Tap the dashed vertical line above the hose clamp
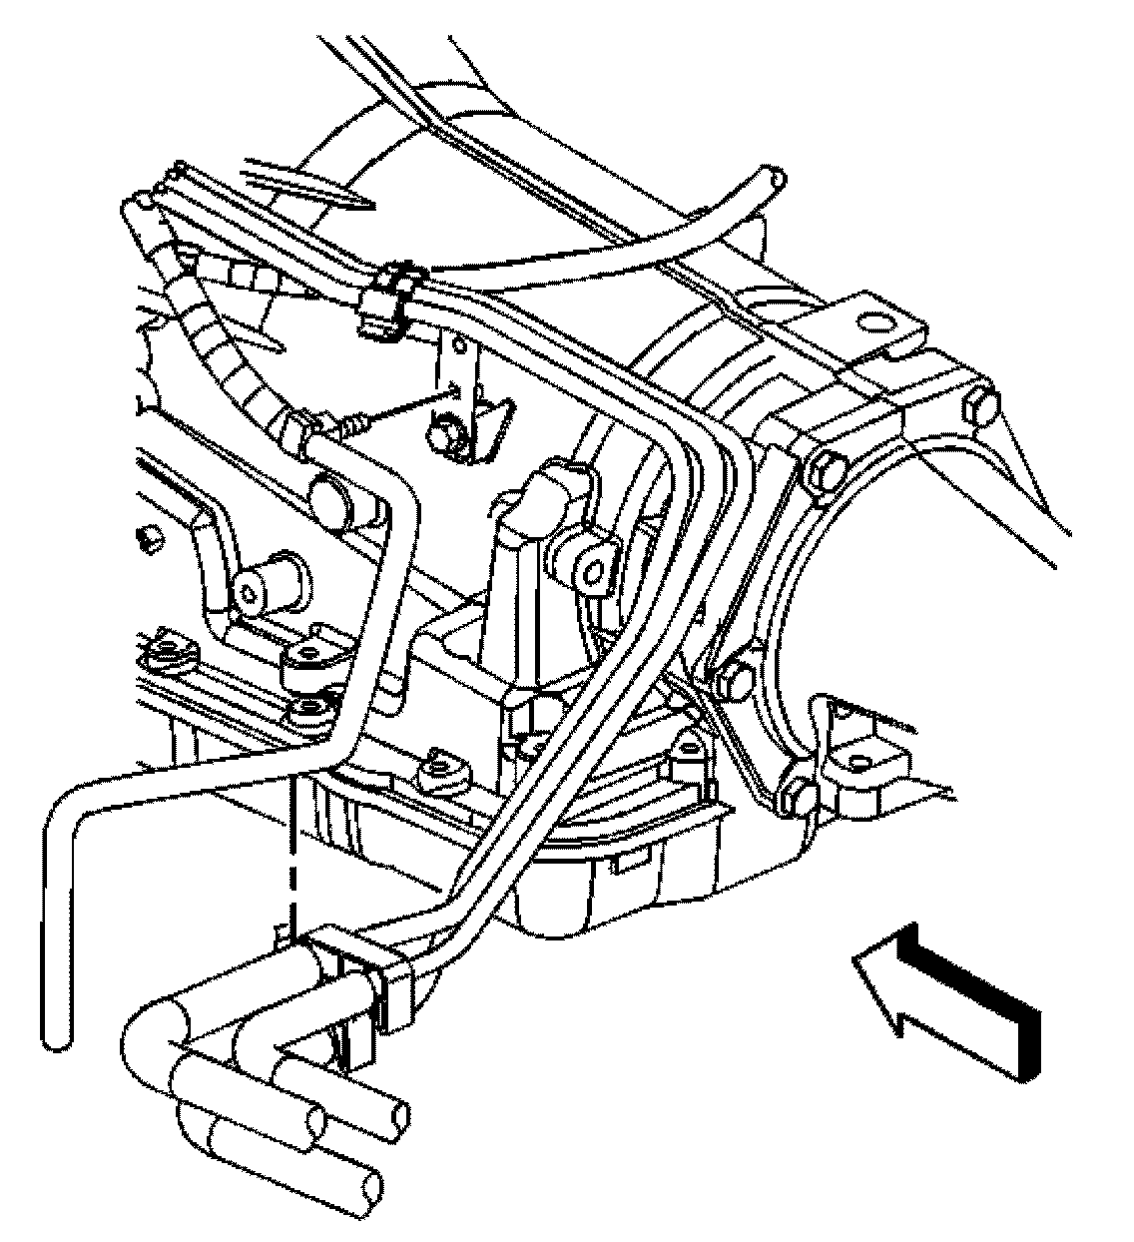coord(291,849)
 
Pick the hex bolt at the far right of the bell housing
coord(980,406)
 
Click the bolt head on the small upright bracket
coord(445,435)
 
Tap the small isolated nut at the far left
coord(150,540)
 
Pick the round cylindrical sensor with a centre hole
coord(258,588)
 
